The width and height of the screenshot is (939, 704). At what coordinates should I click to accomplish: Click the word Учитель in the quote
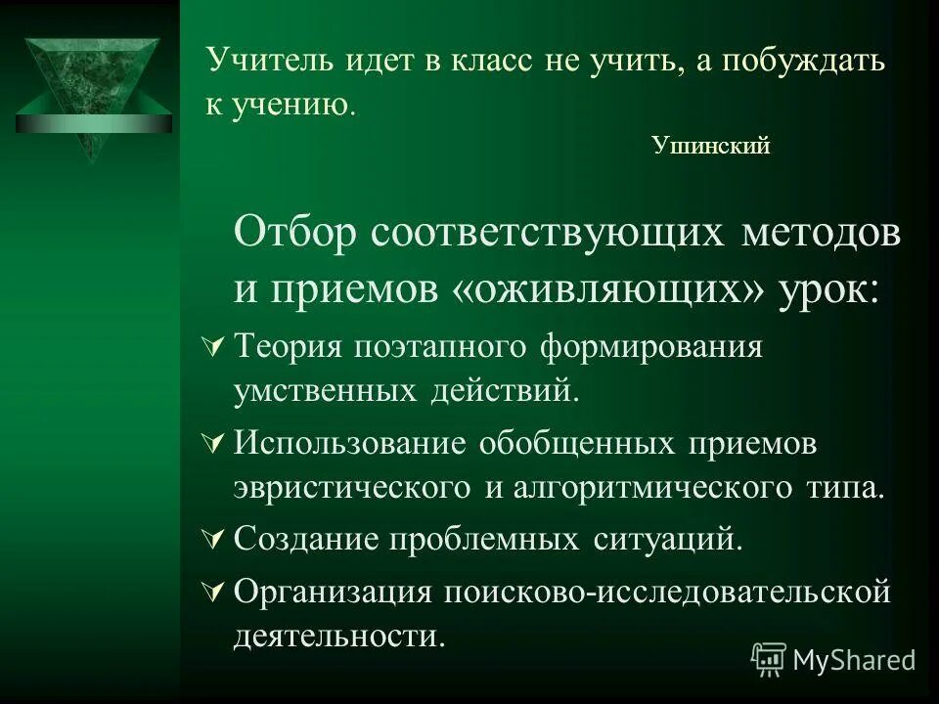pos(256,62)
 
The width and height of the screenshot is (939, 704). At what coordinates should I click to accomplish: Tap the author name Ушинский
pos(710,147)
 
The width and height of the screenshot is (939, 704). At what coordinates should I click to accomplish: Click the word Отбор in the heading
pos(294,235)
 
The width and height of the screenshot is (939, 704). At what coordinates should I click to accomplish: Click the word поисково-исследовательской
pos(669,592)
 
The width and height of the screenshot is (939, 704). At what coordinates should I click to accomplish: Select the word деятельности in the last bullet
pos(338,636)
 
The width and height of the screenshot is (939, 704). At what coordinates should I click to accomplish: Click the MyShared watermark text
pos(854,660)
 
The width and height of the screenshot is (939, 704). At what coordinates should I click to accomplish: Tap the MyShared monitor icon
pos(769,660)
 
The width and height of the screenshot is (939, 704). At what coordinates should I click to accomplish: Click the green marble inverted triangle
pos(94,93)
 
